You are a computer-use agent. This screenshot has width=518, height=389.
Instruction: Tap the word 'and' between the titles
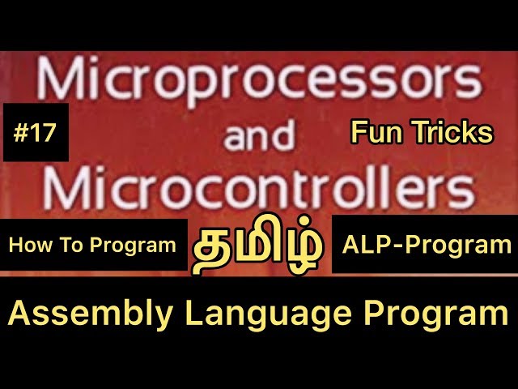pos(260,139)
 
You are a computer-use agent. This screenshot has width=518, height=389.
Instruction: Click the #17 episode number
pos(36,132)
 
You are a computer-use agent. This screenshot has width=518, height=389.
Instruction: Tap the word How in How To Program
pos(30,246)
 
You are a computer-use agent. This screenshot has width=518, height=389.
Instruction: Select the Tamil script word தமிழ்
pos(259,247)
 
